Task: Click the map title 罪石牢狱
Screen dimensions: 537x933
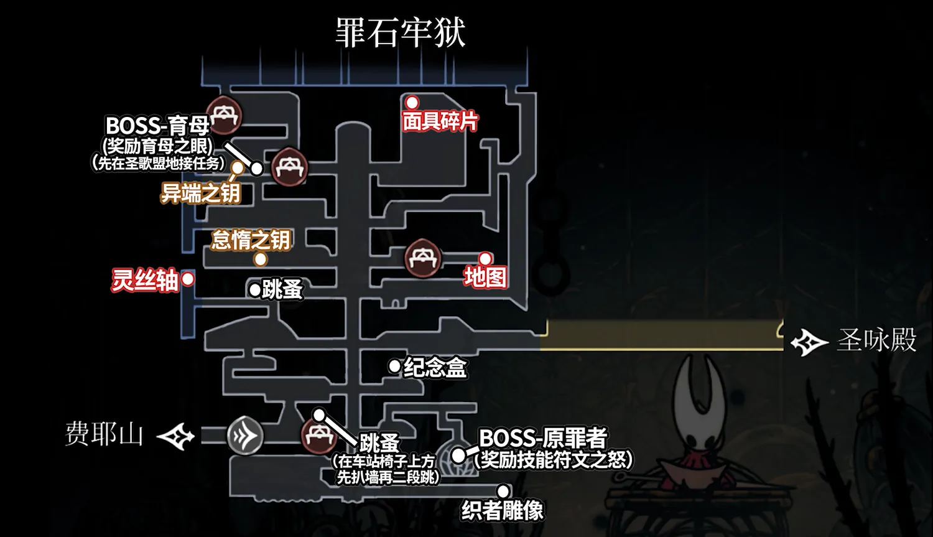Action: (401, 32)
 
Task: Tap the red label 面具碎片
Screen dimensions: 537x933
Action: (440, 121)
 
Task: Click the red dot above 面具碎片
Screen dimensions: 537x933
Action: (412, 102)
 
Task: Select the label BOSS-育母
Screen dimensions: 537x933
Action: (157, 126)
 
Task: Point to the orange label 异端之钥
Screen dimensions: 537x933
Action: (200, 194)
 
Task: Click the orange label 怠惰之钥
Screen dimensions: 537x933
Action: (251, 240)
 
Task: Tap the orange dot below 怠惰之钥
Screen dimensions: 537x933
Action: (261, 259)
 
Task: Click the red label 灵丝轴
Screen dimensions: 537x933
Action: (145, 280)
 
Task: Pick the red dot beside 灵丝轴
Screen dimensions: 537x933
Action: (187, 279)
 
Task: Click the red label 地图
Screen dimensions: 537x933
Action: (485, 277)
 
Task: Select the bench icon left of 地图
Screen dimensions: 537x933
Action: (423, 258)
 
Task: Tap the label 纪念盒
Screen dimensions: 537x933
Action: (435, 367)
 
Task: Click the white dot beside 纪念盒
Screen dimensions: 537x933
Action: (394, 367)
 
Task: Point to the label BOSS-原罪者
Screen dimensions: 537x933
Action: (543, 438)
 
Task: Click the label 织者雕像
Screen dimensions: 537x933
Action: (503, 511)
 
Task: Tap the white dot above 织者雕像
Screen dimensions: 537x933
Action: (503, 492)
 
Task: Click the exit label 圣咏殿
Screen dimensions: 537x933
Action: (877, 340)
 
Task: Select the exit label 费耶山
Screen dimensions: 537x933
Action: (104, 434)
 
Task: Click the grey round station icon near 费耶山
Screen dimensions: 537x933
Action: (245, 436)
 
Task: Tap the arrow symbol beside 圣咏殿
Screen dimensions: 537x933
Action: (809, 342)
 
